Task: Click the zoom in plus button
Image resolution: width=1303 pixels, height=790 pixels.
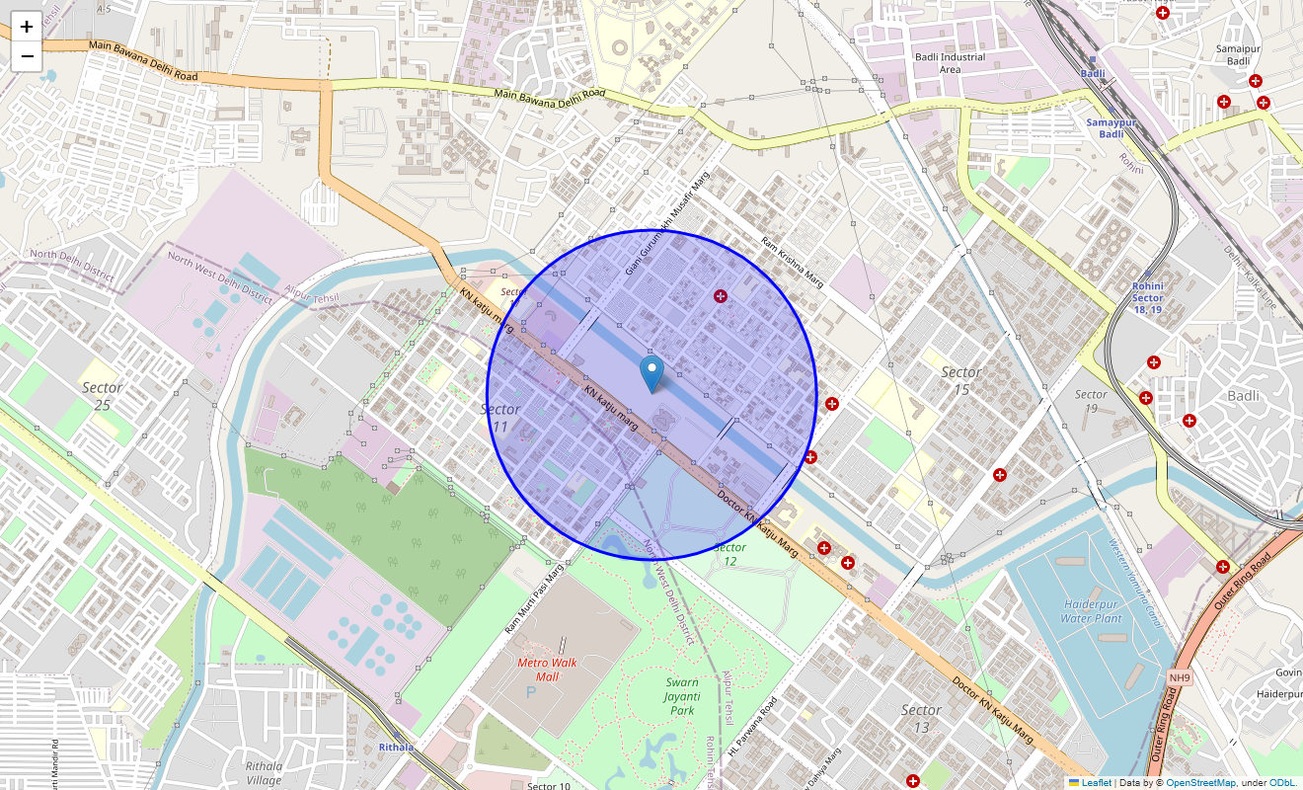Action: click(x=27, y=28)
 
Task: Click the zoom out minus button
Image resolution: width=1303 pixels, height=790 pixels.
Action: click(x=27, y=56)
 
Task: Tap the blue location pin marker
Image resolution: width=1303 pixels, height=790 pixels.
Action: click(x=651, y=374)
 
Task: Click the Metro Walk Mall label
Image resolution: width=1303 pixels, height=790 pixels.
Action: click(x=548, y=670)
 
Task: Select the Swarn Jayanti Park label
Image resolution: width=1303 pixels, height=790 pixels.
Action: click(x=682, y=696)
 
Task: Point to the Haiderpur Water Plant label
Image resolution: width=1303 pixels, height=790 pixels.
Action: click(x=1091, y=611)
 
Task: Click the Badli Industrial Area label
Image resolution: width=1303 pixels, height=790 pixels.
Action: click(x=950, y=63)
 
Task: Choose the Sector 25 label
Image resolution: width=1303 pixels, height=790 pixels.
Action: click(x=103, y=396)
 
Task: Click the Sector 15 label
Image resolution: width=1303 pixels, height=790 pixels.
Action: click(x=960, y=380)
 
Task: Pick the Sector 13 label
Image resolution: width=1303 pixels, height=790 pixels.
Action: click(x=921, y=718)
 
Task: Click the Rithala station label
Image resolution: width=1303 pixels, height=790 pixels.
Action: click(x=396, y=748)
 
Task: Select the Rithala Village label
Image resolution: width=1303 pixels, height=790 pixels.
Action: click(x=265, y=772)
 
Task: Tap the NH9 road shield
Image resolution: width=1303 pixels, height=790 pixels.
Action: click(x=1180, y=677)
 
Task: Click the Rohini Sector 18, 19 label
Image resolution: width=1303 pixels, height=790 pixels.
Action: click(x=1148, y=297)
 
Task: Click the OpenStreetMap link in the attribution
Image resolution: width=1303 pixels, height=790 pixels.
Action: click(x=1200, y=783)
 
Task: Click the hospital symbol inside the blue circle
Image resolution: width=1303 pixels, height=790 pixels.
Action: click(x=721, y=296)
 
